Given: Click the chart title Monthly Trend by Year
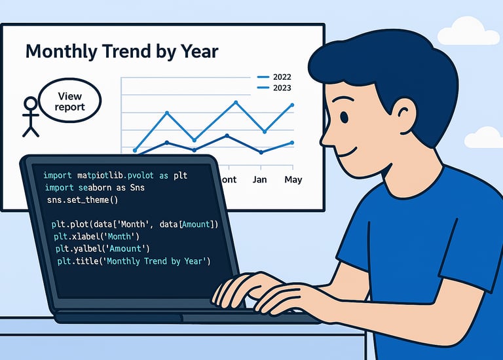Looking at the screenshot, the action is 122,51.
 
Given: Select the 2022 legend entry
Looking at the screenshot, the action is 274,77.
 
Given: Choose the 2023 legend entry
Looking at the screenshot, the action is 274,88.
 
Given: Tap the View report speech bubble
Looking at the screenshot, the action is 70,101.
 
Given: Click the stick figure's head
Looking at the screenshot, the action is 31,103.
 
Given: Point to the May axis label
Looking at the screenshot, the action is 293,179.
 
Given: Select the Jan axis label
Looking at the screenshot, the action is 259,179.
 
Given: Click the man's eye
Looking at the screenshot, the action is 345,117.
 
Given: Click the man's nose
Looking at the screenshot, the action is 326,139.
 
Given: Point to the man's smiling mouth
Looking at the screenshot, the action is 348,153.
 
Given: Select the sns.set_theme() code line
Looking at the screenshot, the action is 83,200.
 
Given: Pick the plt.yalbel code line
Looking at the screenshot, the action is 103,249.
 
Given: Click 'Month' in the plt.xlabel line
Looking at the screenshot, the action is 119,236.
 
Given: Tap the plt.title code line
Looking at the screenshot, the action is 134,261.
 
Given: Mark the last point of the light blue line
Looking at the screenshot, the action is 292,105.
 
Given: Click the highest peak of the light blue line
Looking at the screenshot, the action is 236,103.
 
